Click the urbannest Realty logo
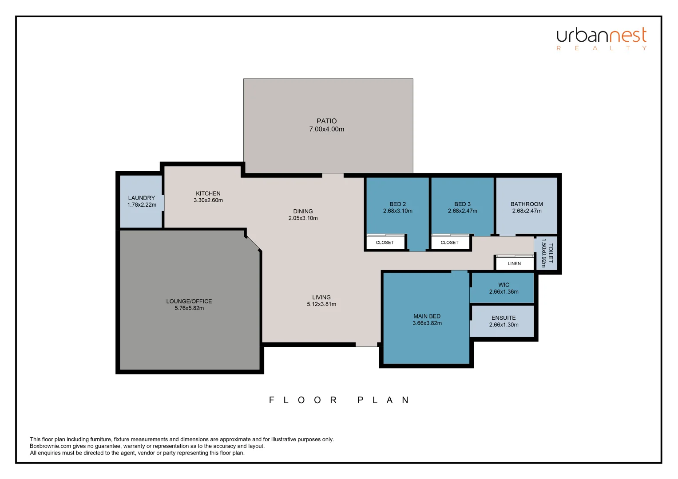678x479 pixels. (602, 39)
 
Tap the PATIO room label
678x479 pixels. (326, 121)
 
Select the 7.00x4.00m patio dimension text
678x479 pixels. (326, 130)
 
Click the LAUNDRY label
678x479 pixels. (142, 198)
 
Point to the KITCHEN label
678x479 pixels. (208, 193)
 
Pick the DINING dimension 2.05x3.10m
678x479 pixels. (303, 218)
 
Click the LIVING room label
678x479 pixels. (321, 298)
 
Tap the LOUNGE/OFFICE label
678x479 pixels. (189, 301)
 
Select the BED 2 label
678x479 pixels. (397, 204)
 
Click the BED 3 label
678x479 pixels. (462, 204)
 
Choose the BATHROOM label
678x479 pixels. (527, 204)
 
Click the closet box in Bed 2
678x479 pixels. (385, 243)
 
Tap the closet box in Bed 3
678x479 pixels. (449, 243)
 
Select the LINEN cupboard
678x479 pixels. (514, 263)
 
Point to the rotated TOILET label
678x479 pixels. (551, 253)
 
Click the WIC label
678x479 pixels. (504, 285)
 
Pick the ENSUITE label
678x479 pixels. (504, 318)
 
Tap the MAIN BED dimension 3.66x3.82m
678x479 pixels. (427, 323)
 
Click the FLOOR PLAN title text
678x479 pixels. (339, 400)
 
